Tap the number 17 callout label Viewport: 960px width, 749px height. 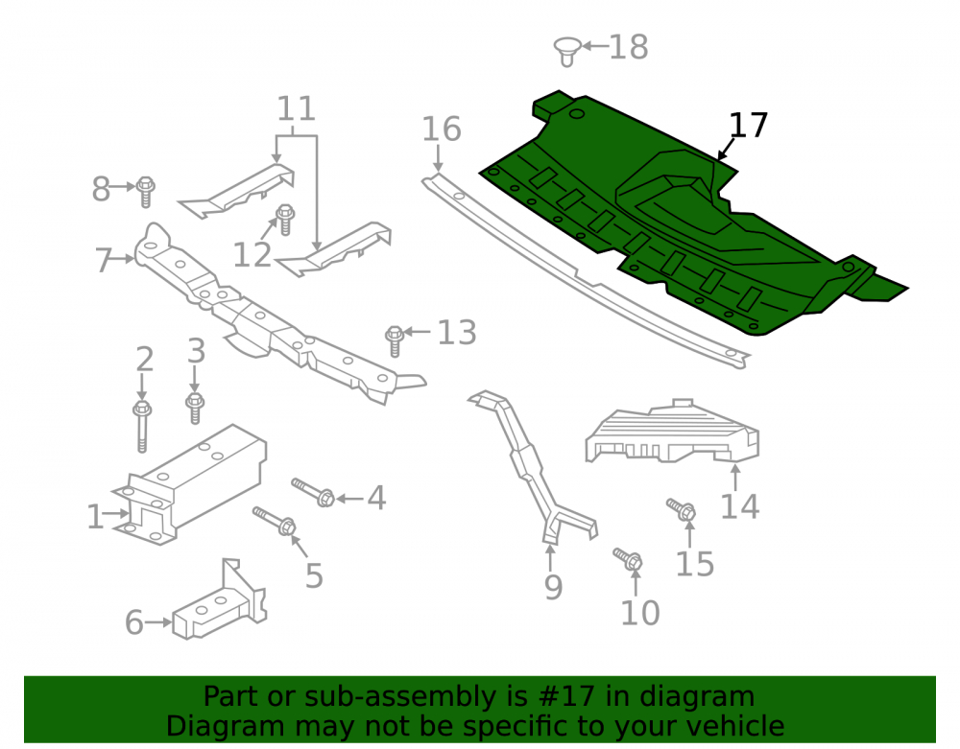(748, 126)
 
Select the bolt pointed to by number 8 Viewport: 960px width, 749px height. (145, 192)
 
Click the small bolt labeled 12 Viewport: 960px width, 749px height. (285, 221)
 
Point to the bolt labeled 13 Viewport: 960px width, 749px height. (395, 341)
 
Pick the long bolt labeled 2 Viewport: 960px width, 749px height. (142, 427)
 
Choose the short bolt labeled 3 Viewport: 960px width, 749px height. (195, 409)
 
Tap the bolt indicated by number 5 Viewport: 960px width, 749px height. (275, 521)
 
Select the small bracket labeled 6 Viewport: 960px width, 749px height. (219, 601)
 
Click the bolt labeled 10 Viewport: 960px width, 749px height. (628, 558)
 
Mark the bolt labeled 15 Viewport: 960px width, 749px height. (681, 509)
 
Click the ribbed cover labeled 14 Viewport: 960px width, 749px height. (672, 432)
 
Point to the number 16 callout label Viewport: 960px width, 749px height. (442, 129)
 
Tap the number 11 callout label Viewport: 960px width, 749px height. (297, 108)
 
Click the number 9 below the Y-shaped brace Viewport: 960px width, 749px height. (553, 587)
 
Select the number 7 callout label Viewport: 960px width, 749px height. (104, 260)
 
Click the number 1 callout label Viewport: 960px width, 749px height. (95, 517)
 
